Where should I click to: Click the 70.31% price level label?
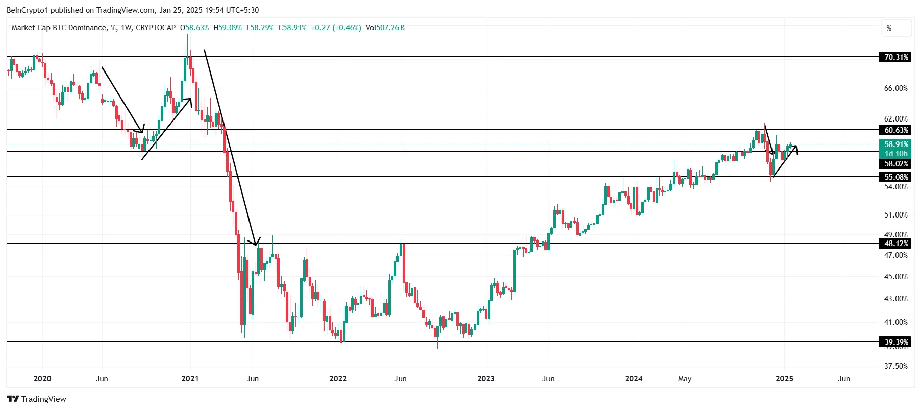click(x=896, y=57)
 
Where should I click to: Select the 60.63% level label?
click(x=896, y=130)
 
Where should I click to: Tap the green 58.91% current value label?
click(x=896, y=144)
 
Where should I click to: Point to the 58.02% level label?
click(x=896, y=164)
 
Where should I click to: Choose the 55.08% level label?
click(x=896, y=177)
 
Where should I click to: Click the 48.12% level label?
click(x=896, y=244)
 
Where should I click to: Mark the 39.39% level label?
click(x=896, y=342)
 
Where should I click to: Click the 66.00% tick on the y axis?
click(x=895, y=88)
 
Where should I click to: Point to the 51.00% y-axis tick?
click(x=895, y=215)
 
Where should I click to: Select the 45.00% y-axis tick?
click(x=895, y=277)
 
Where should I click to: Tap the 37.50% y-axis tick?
click(x=895, y=366)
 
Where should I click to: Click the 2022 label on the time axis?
click(x=338, y=379)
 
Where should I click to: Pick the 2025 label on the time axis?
click(x=784, y=379)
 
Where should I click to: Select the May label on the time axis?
click(x=685, y=379)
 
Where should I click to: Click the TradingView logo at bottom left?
click(x=36, y=399)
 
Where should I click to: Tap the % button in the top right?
click(x=895, y=28)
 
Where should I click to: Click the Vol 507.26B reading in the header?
click(x=385, y=28)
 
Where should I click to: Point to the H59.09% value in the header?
click(x=228, y=28)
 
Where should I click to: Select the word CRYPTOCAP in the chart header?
click(x=156, y=28)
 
